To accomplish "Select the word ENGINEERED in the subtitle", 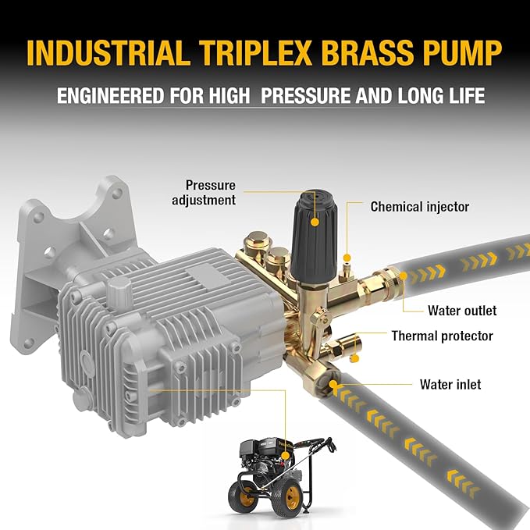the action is pyautogui.click(x=110, y=95).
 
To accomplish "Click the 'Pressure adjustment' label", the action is pyautogui.click(x=204, y=192).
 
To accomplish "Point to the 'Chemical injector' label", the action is pyautogui.click(x=420, y=207).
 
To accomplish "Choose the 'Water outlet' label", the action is pyautogui.click(x=462, y=311).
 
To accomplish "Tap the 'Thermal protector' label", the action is pyautogui.click(x=442, y=336).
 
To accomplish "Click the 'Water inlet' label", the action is pyautogui.click(x=450, y=384).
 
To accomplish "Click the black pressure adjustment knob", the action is pyautogui.click(x=313, y=236).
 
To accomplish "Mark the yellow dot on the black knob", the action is pyautogui.click(x=315, y=222).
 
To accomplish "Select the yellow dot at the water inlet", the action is pyautogui.click(x=333, y=384).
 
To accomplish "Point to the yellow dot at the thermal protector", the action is pyautogui.click(x=354, y=358).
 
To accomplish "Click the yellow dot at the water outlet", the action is pyautogui.click(x=403, y=276).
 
